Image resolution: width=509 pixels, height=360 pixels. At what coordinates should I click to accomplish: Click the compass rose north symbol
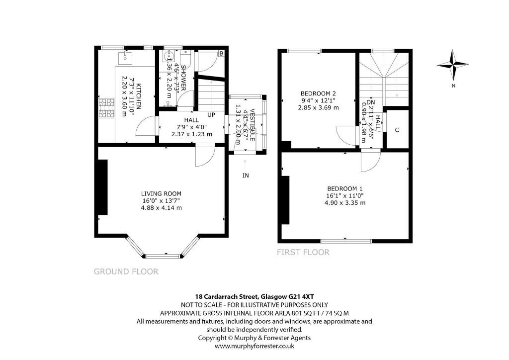pos(454,65)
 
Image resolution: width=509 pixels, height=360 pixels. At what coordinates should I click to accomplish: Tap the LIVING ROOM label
pos(161,193)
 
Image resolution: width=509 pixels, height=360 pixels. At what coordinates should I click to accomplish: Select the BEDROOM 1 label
pos(345,188)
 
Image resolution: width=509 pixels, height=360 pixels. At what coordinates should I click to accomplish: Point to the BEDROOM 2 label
pos(318,93)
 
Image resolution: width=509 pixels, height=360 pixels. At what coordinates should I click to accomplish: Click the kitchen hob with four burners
pos(107,108)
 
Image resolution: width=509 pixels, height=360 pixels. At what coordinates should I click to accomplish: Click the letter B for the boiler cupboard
pos(221,53)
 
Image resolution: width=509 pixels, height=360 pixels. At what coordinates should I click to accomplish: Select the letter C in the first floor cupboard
pos(397,130)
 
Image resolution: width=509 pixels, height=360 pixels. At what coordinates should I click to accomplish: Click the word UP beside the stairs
pos(211,115)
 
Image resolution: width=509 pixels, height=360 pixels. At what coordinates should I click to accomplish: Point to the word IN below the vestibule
pos(246,176)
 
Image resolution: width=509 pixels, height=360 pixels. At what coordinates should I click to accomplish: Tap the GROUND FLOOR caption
pos(126,271)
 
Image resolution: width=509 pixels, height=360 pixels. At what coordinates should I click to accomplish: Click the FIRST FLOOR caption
pos(303,252)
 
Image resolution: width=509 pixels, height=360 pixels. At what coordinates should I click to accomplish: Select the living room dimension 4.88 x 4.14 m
pos(161,207)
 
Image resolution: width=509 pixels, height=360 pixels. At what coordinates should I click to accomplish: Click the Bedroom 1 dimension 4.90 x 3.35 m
pos(345,202)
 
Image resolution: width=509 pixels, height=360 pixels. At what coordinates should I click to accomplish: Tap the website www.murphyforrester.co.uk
pos(254,345)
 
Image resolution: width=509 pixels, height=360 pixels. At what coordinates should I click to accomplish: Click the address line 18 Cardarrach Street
pos(254,297)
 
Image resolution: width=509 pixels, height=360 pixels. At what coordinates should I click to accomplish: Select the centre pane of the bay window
pos(163,256)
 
